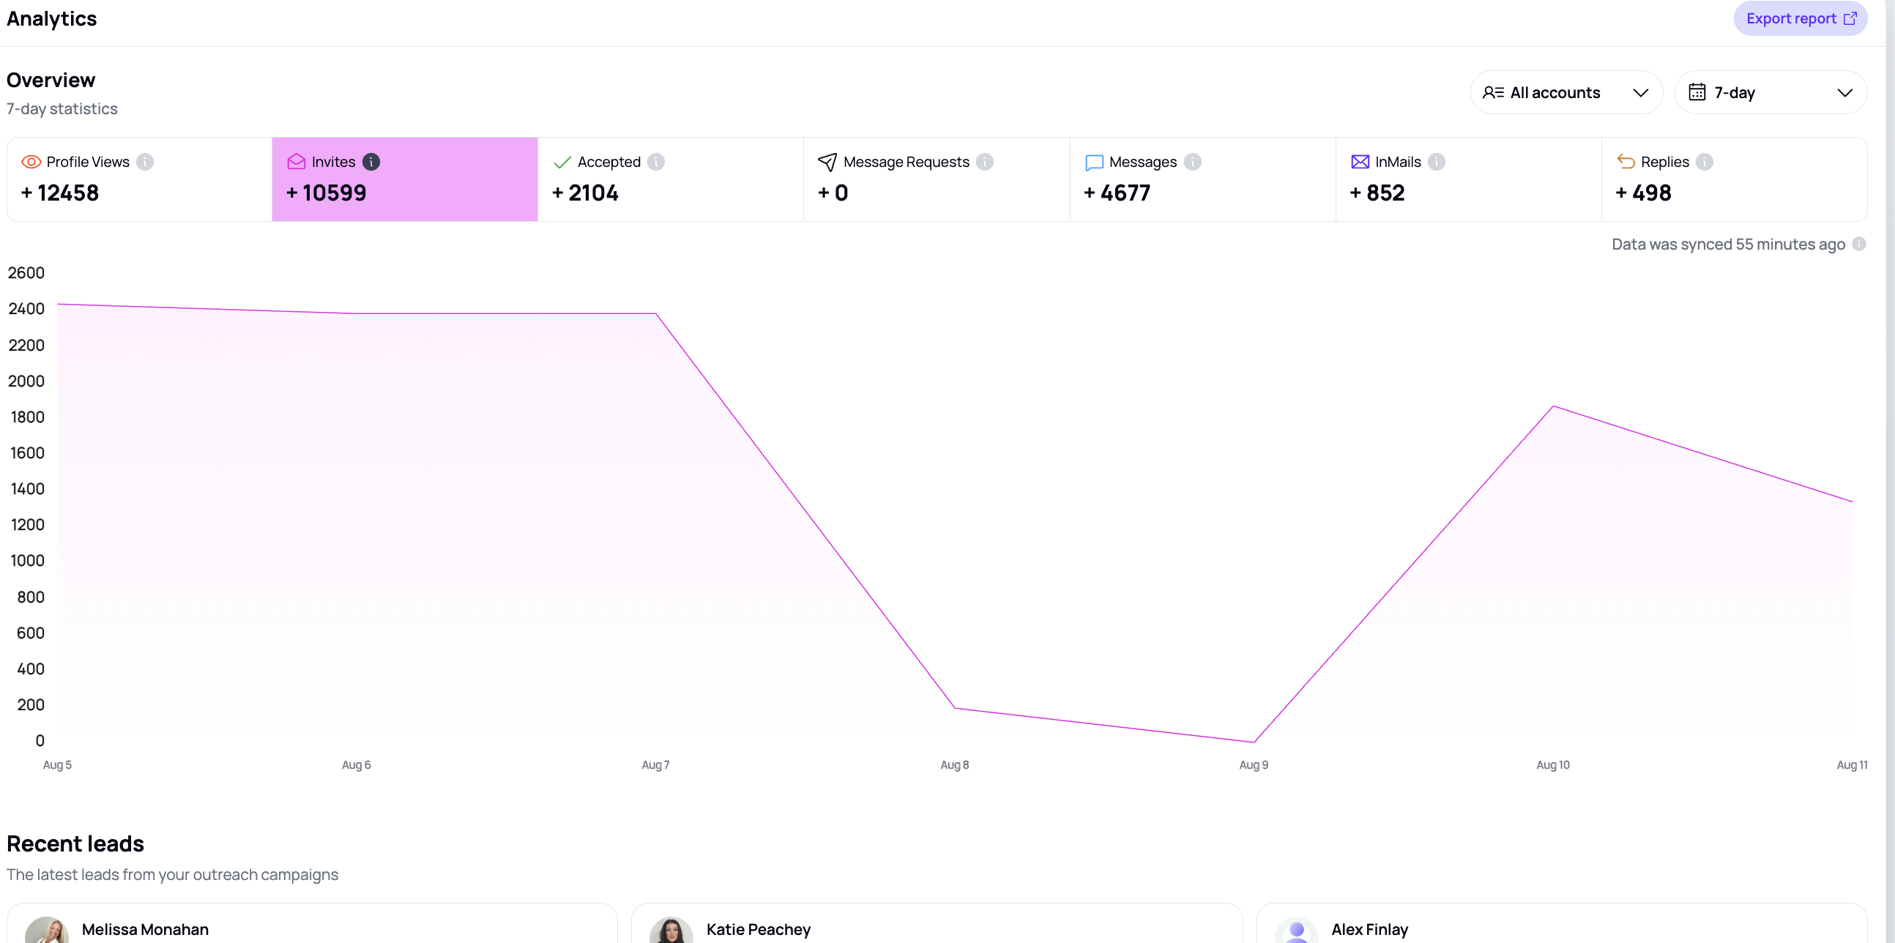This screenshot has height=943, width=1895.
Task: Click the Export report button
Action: coord(1800,18)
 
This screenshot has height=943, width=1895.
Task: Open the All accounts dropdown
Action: coord(1566,93)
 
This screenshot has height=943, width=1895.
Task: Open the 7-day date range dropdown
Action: coord(1771,93)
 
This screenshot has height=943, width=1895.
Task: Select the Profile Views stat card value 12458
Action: coord(59,193)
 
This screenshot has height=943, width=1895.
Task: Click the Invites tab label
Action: coord(333,162)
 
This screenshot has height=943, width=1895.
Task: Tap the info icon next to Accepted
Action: coord(656,162)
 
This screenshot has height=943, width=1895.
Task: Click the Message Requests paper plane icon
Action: coord(827,162)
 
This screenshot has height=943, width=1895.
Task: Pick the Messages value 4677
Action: coord(1117,193)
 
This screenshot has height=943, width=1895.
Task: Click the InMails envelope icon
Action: coord(1360,162)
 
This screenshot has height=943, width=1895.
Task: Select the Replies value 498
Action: coord(1643,193)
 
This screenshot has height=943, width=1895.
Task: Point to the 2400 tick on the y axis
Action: coord(26,309)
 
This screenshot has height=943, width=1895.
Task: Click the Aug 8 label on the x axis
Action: coord(955,765)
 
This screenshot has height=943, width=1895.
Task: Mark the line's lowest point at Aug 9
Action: coord(1254,742)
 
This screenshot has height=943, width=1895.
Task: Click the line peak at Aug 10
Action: coord(1553,406)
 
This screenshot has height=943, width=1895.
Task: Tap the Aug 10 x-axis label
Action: coord(1553,765)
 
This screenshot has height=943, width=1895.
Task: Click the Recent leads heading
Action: coord(75,843)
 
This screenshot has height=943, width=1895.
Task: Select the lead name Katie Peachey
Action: coord(759,930)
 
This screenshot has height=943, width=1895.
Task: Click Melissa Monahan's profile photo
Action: coord(47,931)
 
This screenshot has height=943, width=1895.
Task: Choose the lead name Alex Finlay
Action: coord(1370,930)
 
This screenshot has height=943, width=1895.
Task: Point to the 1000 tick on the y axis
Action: coord(27,561)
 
